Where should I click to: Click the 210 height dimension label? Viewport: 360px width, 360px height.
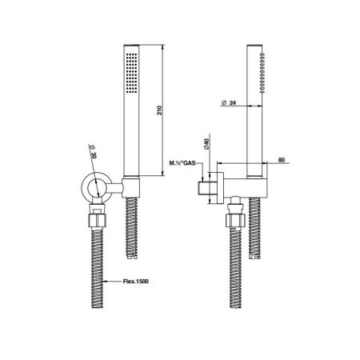(159, 110)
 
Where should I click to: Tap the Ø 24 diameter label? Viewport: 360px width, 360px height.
(229, 102)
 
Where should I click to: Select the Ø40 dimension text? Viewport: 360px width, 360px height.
(207, 143)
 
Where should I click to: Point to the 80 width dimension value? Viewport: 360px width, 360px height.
(282, 160)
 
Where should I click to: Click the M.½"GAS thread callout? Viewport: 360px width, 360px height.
(182, 163)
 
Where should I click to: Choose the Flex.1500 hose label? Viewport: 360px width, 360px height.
(136, 281)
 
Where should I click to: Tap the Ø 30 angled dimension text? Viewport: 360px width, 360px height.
(94, 151)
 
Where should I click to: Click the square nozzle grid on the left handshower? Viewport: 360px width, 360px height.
(131, 73)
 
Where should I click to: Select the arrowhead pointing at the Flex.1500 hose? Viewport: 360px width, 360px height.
(106, 281)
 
